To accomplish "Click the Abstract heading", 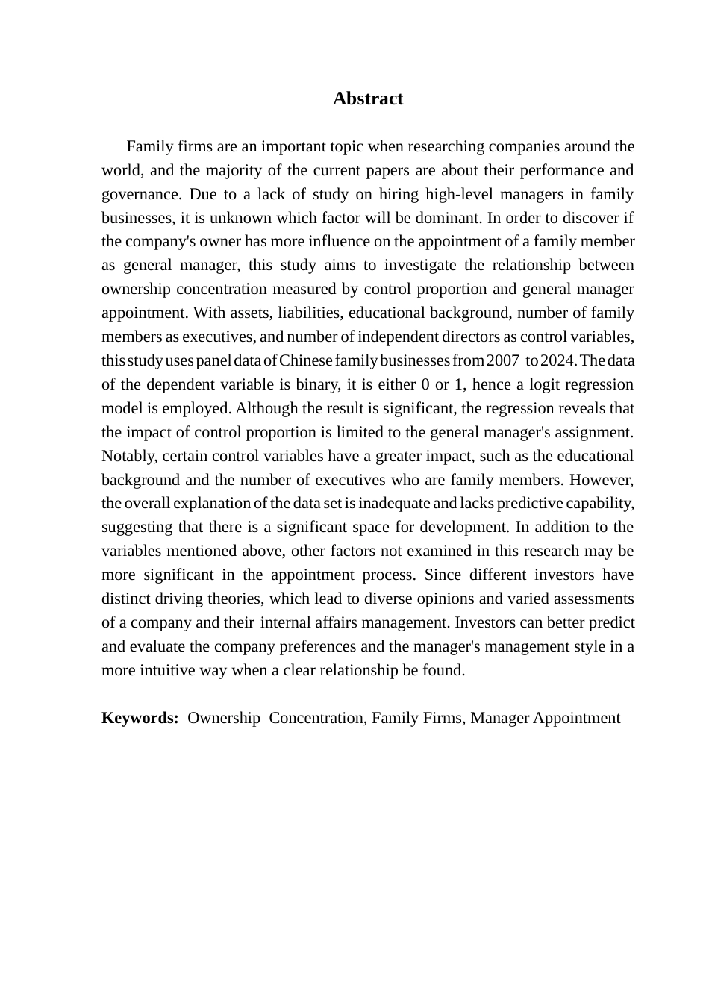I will pos(368,99).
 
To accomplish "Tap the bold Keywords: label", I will pos(140,718).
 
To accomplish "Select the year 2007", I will pos(502,360).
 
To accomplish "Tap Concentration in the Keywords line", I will pos(316,718).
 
